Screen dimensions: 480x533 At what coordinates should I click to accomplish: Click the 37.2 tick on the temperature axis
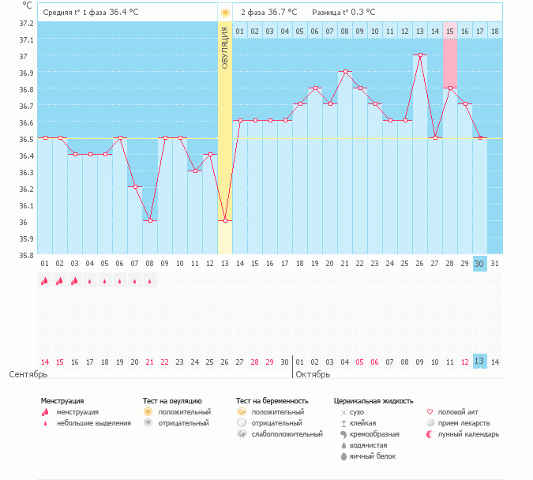(27, 23)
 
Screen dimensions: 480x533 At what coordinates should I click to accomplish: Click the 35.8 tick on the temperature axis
(27, 255)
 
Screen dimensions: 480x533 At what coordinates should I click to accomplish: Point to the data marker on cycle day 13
(225, 220)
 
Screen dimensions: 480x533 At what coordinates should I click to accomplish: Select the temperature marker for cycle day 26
(420, 55)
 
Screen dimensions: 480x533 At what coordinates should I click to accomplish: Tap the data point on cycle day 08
(150, 220)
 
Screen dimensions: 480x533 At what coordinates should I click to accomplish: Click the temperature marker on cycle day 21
(345, 72)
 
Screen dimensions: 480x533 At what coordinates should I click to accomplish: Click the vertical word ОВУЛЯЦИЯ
(225, 47)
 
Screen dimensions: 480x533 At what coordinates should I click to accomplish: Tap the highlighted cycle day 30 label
(479, 264)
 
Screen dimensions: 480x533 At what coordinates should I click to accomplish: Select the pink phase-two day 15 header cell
(450, 31)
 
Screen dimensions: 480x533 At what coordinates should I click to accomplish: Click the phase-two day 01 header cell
(240, 31)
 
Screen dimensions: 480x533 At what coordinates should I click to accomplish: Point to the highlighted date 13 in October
(479, 362)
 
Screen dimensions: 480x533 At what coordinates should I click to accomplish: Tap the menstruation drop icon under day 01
(45, 280)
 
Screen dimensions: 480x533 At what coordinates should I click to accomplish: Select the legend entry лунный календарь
(468, 434)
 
